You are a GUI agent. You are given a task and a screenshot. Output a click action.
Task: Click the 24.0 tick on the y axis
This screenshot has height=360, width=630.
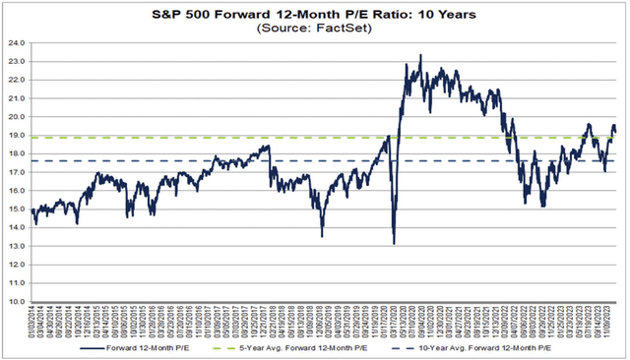pyautogui.click(x=17, y=44)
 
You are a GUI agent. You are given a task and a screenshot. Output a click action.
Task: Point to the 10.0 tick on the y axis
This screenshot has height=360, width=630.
pyautogui.click(x=17, y=302)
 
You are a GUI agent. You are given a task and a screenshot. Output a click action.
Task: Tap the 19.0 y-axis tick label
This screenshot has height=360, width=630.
pyautogui.click(x=17, y=137)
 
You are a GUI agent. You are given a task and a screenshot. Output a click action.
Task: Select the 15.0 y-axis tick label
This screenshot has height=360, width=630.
pyautogui.click(x=17, y=210)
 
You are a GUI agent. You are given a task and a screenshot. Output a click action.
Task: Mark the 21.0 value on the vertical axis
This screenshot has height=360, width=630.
pyautogui.click(x=17, y=99)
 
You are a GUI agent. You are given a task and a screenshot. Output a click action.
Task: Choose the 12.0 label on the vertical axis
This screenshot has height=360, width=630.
pyautogui.click(x=17, y=266)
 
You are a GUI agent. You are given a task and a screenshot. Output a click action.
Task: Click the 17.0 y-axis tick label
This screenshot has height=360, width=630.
pyautogui.click(x=17, y=173)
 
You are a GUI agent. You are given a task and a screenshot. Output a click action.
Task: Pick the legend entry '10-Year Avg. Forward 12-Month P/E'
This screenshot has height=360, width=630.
pyautogui.click(x=497, y=348)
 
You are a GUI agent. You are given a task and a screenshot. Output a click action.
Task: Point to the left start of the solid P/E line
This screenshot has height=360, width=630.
pyautogui.click(x=31, y=210)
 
